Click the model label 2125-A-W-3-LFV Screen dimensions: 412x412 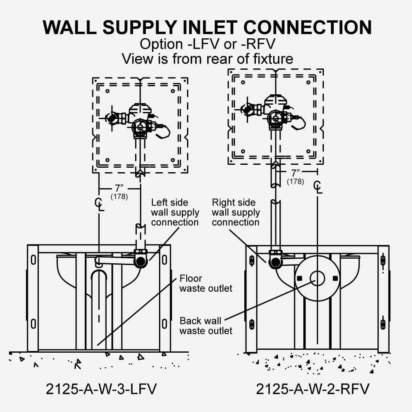pos(101,389)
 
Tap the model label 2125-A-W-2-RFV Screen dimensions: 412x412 pos(312,389)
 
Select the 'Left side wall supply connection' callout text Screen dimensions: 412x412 pos(175,213)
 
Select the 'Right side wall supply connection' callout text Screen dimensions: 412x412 pos(235,213)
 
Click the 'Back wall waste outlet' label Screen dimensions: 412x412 pos(206,325)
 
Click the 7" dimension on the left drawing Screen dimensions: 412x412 pos(119,188)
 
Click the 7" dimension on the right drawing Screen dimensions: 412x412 pos(296,173)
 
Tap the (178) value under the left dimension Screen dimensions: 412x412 pos(119,197)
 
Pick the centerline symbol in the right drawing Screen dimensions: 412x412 pos(317,186)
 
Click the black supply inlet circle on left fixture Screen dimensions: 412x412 pos(141,261)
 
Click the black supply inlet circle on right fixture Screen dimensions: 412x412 pos(275,261)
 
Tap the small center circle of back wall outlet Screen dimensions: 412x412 pos(317,278)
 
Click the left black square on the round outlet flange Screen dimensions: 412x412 pos(300,278)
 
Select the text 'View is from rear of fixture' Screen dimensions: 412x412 pos(207,59)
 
